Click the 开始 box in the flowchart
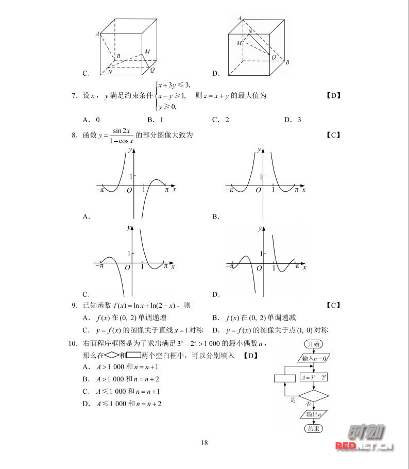(313, 344)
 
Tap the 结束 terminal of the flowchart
(313, 428)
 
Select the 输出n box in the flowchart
(313, 414)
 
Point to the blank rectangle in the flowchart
(285, 378)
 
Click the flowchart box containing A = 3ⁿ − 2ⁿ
(313, 378)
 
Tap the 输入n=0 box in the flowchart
(313, 358)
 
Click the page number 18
(204, 442)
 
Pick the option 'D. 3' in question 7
(292, 120)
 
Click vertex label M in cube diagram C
(147, 52)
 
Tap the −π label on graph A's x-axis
(100, 190)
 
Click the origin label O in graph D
(259, 269)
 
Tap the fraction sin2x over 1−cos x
(121, 136)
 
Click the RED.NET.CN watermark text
(365, 446)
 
